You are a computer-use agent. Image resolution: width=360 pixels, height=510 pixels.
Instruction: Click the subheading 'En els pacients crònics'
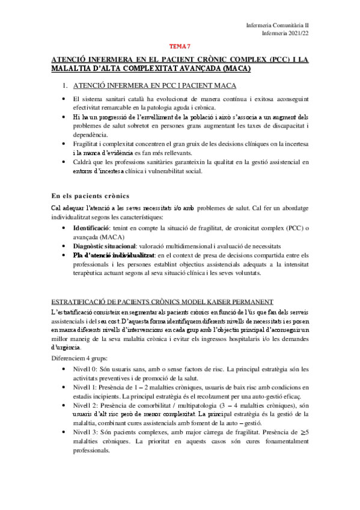pos(87,195)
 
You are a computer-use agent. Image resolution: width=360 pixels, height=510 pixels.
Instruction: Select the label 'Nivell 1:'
pos(87,387)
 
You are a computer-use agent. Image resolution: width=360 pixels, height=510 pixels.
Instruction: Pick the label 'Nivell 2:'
pos(87,406)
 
